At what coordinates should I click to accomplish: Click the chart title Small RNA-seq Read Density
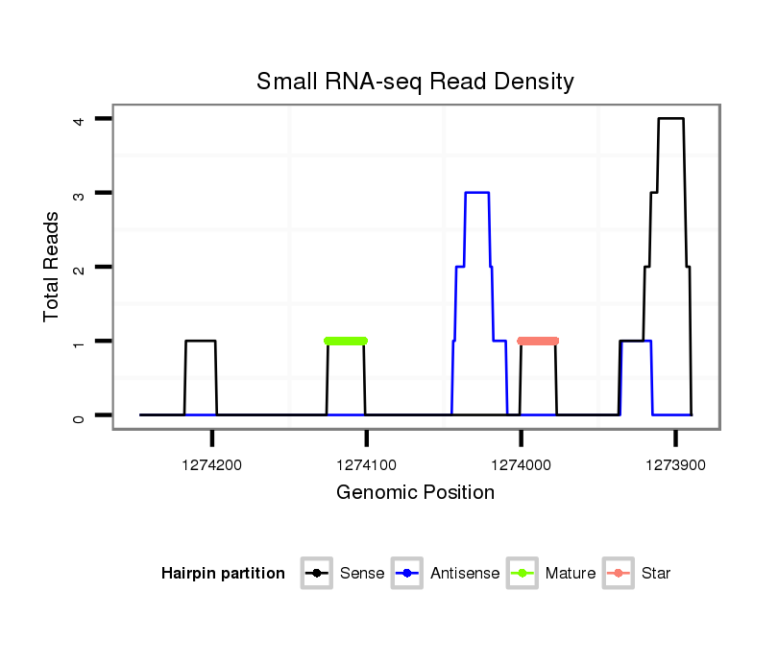click(415, 82)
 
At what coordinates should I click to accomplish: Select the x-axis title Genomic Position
click(415, 493)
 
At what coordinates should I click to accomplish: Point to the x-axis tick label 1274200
click(212, 464)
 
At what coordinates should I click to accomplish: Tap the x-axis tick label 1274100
click(366, 464)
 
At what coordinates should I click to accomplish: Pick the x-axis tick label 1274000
click(521, 464)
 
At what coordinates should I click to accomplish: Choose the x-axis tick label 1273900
click(675, 464)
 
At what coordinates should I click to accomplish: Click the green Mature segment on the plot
click(346, 341)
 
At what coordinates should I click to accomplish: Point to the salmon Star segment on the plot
click(538, 341)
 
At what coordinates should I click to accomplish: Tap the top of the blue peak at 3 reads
click(476, 193)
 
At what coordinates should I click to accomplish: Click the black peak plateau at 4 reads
click(670, 119)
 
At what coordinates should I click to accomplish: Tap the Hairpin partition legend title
click(223, 574)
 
